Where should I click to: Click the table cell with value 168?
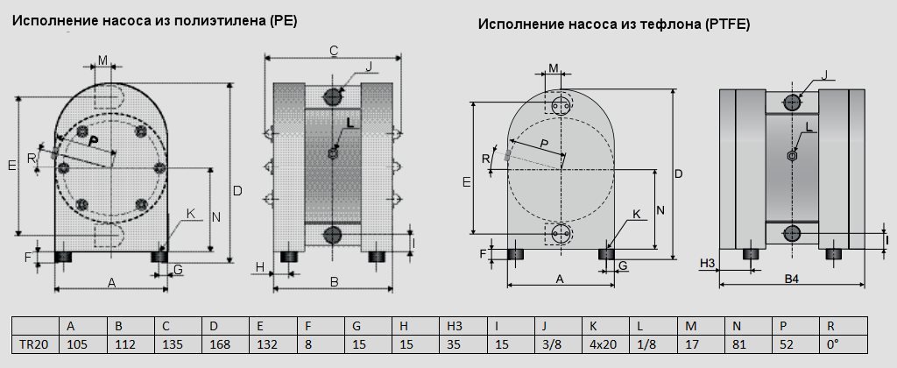(x=225, y=344)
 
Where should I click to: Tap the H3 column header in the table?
(x=463, y=326)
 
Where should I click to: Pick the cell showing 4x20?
(x=606, y=344)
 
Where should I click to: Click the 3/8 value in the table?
(x=558, y=344)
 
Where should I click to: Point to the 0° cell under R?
(x=844, y=344)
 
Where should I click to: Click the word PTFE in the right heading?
(x=726, y=24)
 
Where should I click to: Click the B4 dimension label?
(x=792, y=279)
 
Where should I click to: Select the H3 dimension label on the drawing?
(x=708, y=263)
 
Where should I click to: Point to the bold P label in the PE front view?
(x=94, y=140)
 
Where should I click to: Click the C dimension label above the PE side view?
(x=334, y=51)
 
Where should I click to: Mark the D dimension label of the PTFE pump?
(x=679, y=174)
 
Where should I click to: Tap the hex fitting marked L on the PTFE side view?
(x=792, y=155)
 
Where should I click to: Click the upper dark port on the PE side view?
(x=332, y=96)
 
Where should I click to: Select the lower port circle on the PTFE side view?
(x=792, y=232)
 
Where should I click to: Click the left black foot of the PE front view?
(x=63, y=257)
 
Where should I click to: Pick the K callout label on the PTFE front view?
(x=637, y=214)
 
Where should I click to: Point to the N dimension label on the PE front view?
(x=216, y=217)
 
